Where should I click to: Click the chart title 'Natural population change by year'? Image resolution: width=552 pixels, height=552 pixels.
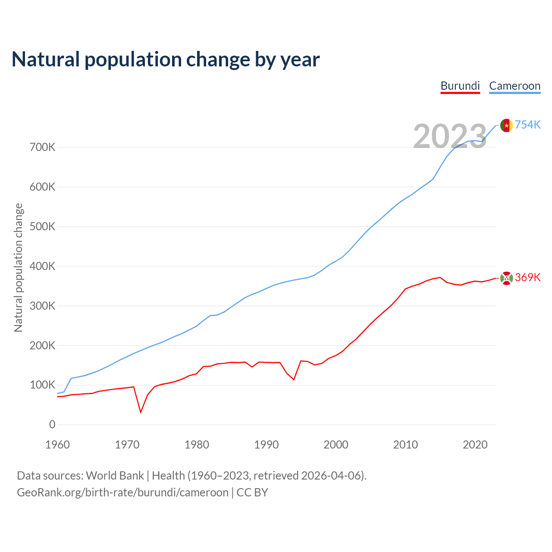(x=166, y=60)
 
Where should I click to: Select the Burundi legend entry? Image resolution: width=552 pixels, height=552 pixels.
(x=460, y=86)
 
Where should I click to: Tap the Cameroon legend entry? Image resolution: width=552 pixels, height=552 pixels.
(x=514, y=86)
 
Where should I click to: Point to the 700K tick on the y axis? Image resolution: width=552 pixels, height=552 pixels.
(x=43, y=147)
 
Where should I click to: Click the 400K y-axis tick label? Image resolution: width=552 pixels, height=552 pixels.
(x=43, y=267)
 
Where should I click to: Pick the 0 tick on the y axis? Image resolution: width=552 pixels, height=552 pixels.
(x=52, y=425)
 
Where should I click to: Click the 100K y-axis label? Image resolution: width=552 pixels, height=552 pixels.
(x=43, y=385)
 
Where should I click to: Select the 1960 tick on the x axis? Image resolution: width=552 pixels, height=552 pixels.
(x=57, y=445)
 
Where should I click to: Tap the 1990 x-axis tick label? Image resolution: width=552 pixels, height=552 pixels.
(x=266, y=445)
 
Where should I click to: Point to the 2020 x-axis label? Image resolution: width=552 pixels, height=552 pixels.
(x=475, y=445)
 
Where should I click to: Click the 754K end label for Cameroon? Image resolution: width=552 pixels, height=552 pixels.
(x=527, y=125)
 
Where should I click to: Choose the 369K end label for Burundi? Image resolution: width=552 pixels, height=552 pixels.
(x=527, y=277)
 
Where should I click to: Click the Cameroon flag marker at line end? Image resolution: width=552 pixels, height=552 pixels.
(x=506, y=125)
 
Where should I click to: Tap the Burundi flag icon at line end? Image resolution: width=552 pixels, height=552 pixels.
(x=506, y=278)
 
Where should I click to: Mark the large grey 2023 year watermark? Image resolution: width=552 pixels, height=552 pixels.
(x=450, y=136)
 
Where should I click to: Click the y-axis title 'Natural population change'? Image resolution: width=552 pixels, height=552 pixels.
(x=19, y=268)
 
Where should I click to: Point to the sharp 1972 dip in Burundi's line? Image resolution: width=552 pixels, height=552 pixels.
(x=141, y=412)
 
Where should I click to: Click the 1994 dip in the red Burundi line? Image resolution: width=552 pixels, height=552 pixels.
(x=294, y=379)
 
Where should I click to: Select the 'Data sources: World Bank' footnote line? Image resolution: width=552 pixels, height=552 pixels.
(x=191, y=476)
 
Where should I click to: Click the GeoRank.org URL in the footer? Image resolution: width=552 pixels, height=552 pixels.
(x=122, y=492)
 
